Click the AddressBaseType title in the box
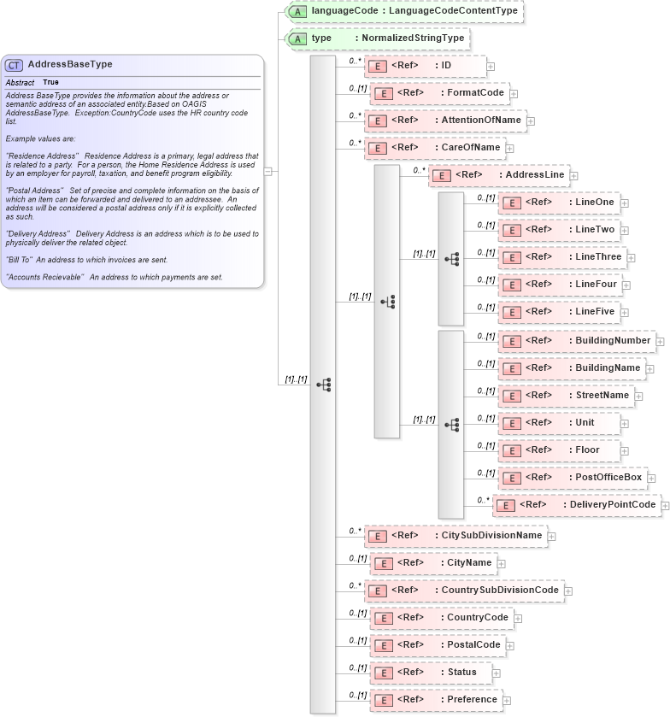[x=70, y=64]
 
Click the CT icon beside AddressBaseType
[x=15, y=65]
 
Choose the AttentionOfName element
[x=444, y=120]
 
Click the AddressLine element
[x=499, y=175]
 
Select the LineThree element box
[x=562, y=256]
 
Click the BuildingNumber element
[x=578, y=341]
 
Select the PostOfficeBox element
[x=573, y=477]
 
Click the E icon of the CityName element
[x=384, y=563]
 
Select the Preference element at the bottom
[x=436, y=700]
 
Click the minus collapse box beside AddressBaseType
[x=268, y=171]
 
